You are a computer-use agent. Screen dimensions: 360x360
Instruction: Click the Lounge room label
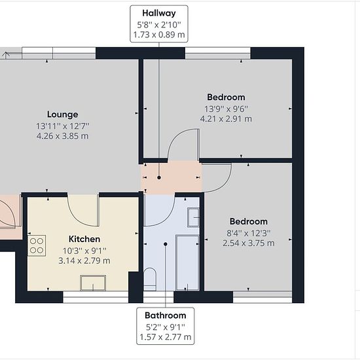62,115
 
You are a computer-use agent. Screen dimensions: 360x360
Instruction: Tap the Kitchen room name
84,239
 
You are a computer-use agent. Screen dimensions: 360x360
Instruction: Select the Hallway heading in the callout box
159,13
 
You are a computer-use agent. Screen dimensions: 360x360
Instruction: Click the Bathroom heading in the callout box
166,315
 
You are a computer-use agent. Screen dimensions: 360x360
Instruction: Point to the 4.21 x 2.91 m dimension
226,119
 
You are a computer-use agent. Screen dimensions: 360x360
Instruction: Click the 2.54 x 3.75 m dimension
249,243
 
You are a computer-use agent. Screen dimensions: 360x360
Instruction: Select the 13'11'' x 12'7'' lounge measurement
62,126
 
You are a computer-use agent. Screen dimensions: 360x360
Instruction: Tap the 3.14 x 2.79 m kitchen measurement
84,261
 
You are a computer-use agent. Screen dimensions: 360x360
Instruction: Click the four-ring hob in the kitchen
37,245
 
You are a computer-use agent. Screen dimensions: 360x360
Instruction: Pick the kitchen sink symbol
93,283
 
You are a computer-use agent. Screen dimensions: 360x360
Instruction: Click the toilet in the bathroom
150,279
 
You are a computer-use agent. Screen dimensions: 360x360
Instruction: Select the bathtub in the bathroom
187,262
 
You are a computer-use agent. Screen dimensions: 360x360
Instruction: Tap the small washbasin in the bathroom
193,217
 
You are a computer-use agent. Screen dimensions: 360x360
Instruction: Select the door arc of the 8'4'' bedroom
226,183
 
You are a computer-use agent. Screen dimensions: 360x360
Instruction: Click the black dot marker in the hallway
159,177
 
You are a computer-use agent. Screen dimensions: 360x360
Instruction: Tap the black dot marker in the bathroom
166,244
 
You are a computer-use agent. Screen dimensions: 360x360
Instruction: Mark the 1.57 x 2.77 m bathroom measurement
166,337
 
